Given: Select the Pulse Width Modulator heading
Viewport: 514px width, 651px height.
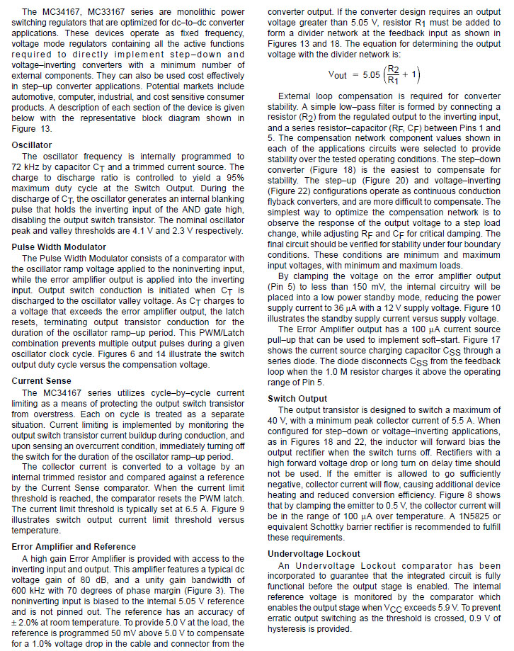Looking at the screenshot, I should click(57, 247).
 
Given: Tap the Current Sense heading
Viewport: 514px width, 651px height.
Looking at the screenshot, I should click(41, 380).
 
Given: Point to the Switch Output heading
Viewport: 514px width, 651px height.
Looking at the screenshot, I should click(297, 399).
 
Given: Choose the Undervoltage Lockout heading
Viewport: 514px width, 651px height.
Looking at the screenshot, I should click(314, 553).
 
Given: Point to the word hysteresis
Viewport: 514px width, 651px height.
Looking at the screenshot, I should click(291, 628).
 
